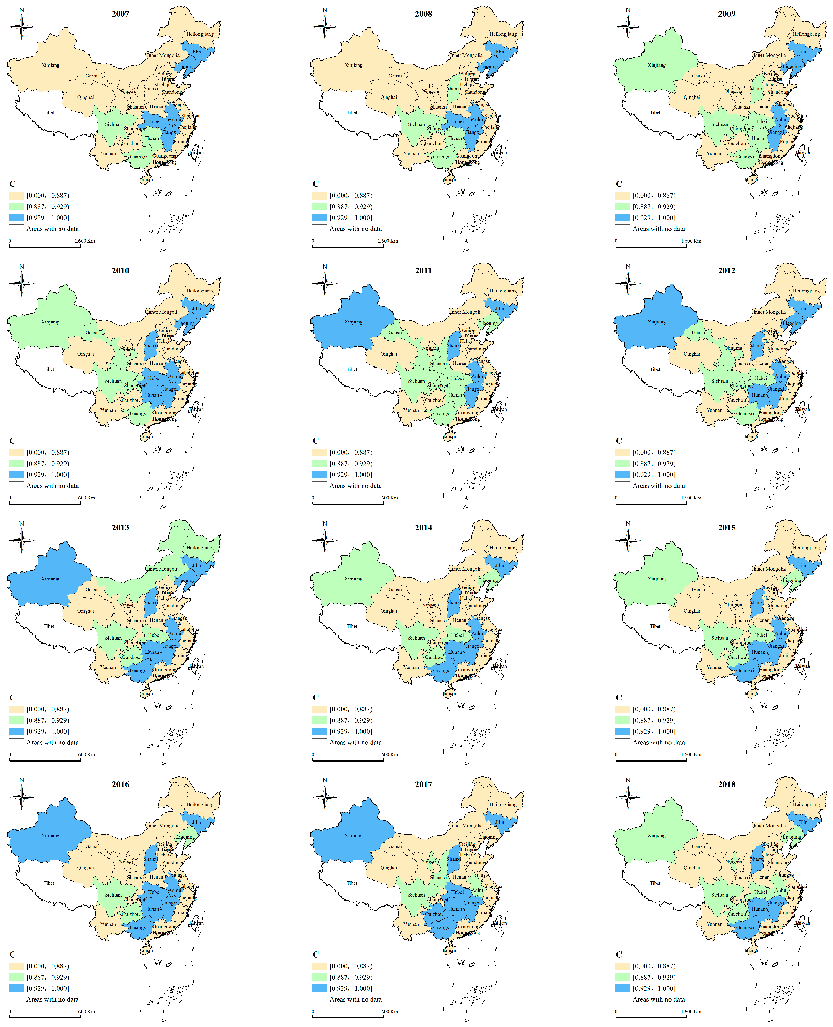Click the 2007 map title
point(120,14)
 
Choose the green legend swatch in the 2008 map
point(319,206)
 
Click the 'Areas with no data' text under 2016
point(52,999)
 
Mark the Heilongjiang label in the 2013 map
point(200,548)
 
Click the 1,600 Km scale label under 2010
point(85,498)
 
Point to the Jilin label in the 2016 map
point(197,822)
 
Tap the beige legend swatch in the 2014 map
point(319,709)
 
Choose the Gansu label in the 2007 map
point(92,76)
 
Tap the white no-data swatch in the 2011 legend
point(319,485)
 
